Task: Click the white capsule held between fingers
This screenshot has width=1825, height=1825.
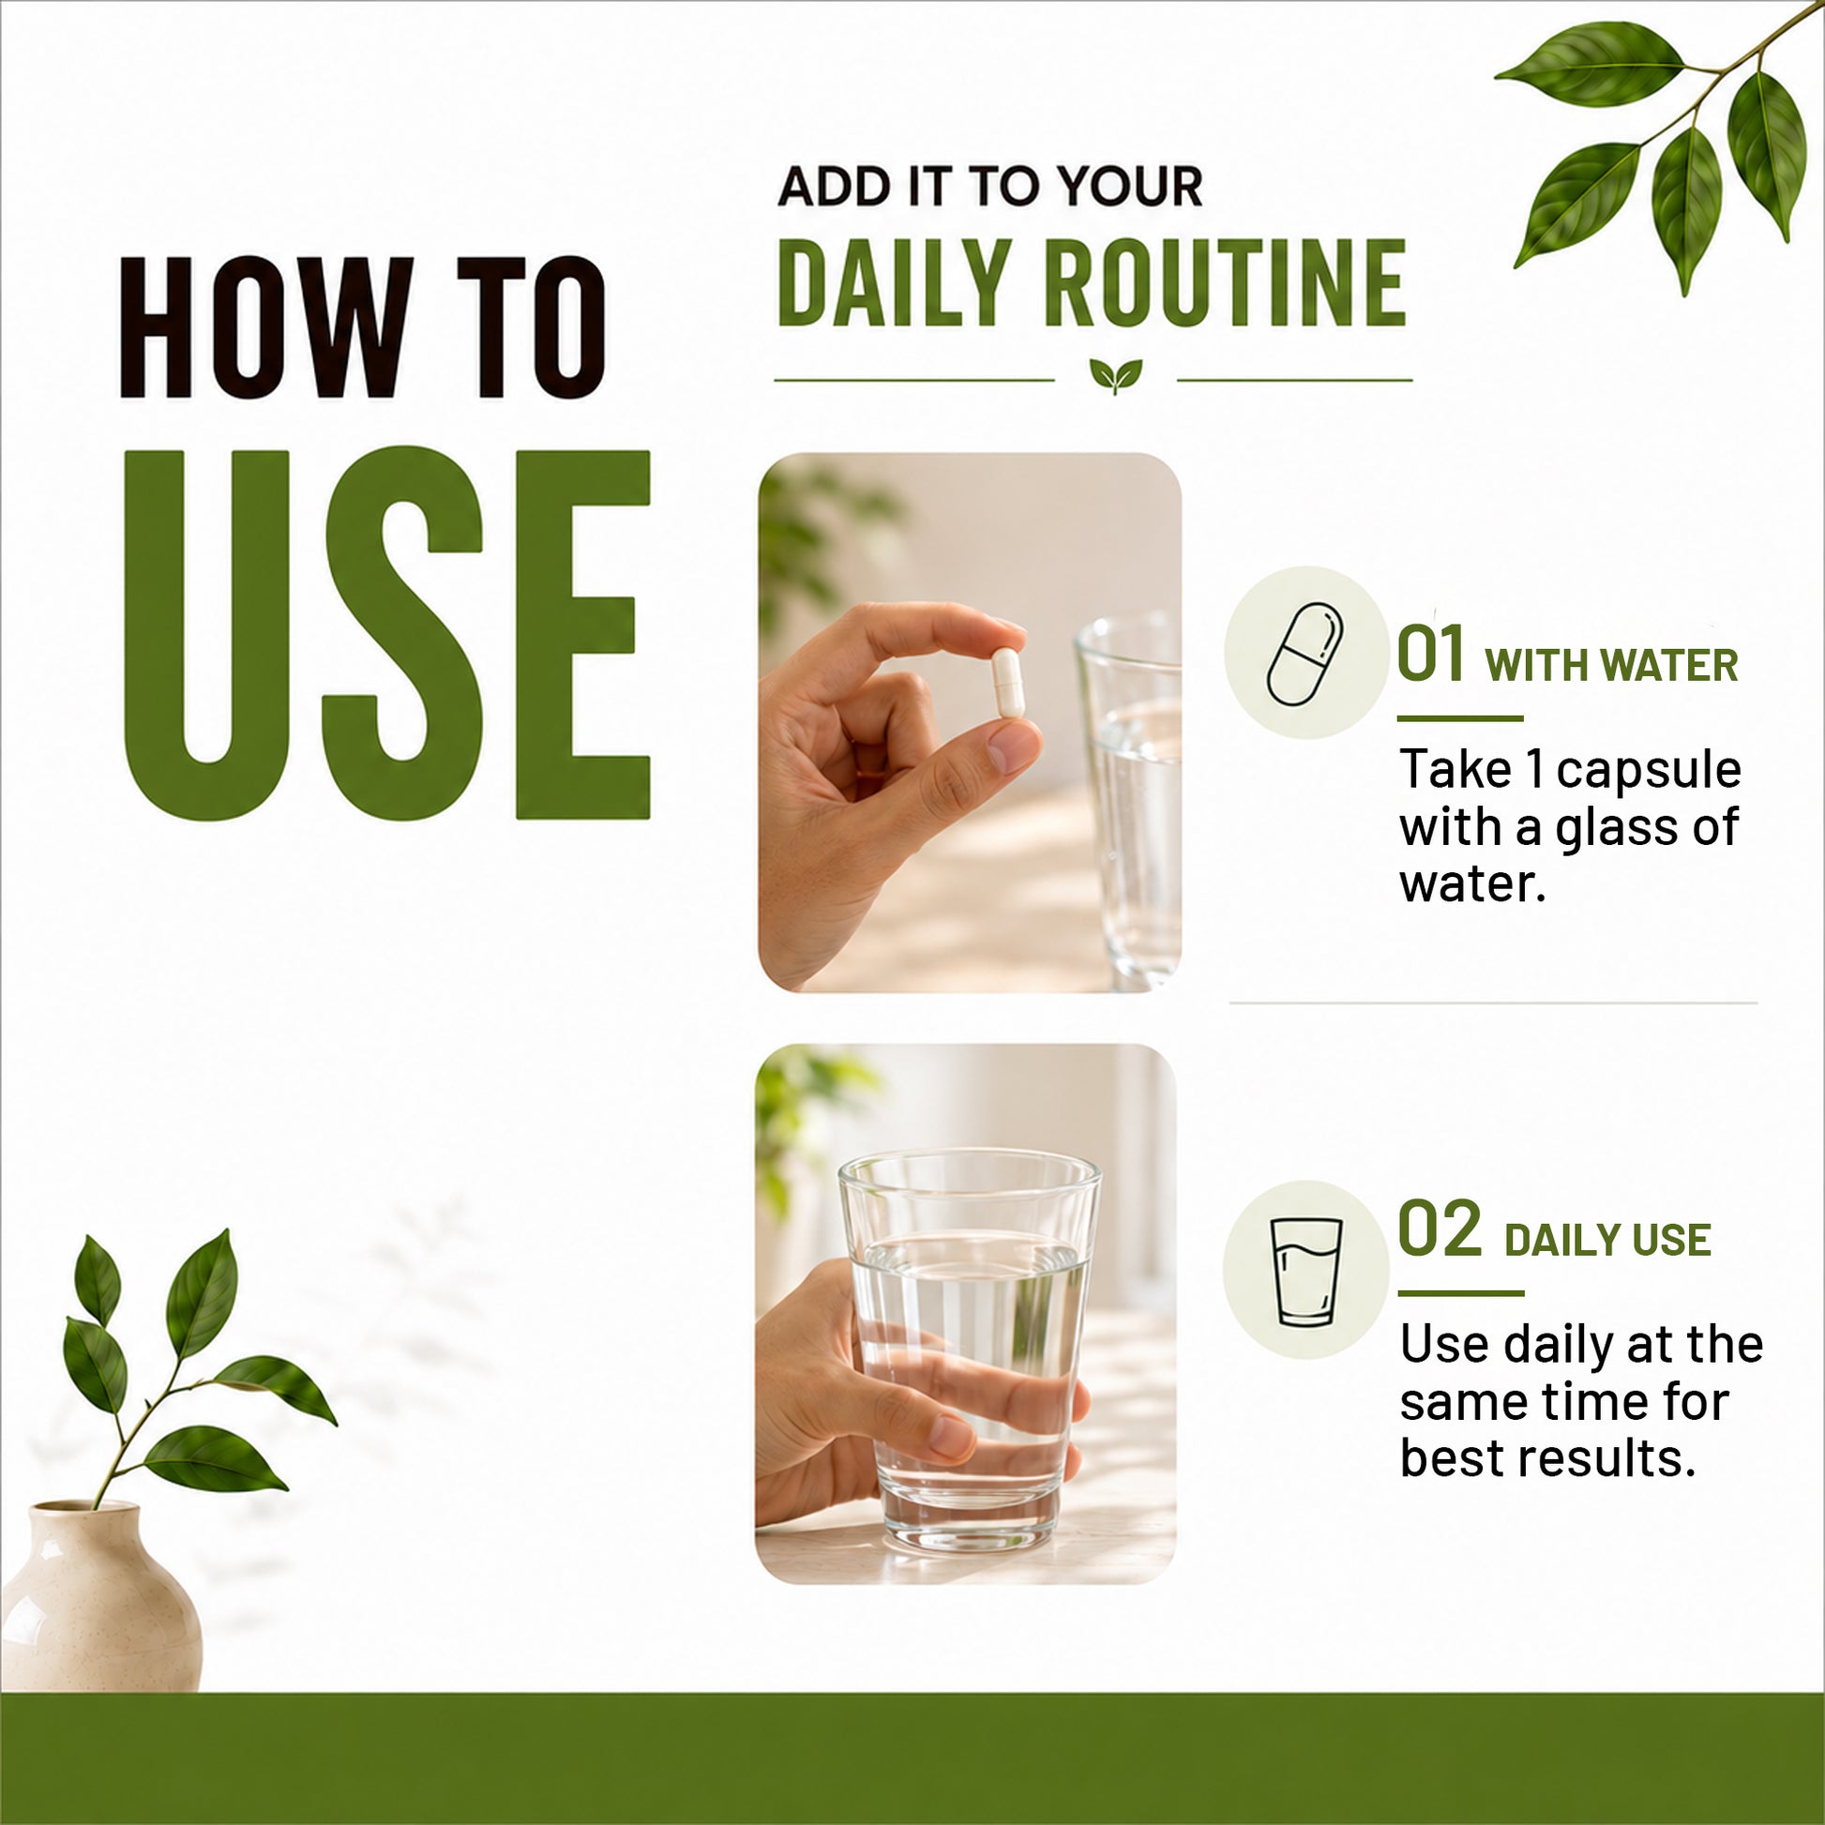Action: [x=1007, y=681]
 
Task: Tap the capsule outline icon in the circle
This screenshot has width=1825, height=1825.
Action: [x=1305, y=654]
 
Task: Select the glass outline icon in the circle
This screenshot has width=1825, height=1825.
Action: [x=1306, y=1272]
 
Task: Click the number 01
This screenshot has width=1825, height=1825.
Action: [x=1430, y=654]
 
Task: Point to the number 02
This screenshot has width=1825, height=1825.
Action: [x=1440, y=1229]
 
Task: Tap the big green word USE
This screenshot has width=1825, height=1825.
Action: [x=387, y=635]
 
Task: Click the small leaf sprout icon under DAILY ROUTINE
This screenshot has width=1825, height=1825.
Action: [x=1116, y=375]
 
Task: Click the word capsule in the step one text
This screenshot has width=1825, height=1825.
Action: [x=1649, y=771]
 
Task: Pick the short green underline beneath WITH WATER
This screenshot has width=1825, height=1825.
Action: [x=1459, y=718]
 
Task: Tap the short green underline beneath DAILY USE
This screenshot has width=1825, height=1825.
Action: [x=1460, y=1293]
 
